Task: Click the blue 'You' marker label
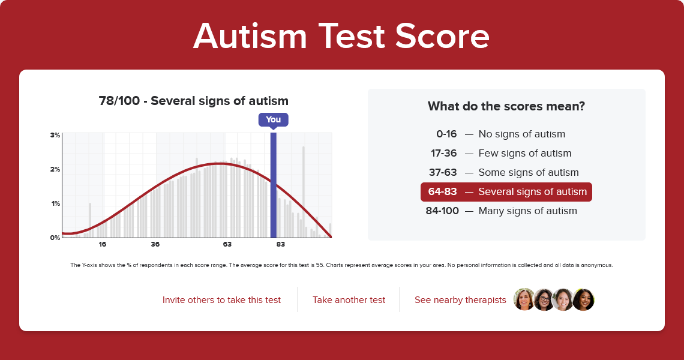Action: coord(273,119)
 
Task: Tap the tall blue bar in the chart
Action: coord(274,185)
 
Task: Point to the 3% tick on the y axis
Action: coord(55,135)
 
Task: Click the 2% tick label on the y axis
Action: coord(55,169)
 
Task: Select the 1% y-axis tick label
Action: coord(55,204)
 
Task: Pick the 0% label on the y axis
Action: coord(55,238)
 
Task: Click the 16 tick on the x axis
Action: coord(103,244)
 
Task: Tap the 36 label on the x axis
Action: coord(155,244)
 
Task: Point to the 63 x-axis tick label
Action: coord(227,244)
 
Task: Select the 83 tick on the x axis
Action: coord(280,244)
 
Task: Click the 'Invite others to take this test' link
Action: coord(221,300)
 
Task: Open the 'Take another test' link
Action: coord(349,300)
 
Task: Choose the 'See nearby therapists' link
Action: coord(460,300)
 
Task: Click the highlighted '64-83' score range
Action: coord(442,191)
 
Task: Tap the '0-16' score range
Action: coord(446,134)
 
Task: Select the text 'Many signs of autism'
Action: coord(528,211)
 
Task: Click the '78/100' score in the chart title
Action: coord(119,101)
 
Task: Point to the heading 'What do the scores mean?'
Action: coord(506,106)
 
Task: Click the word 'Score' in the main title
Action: coord(442,36)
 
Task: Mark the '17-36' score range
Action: coord(443,153)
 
